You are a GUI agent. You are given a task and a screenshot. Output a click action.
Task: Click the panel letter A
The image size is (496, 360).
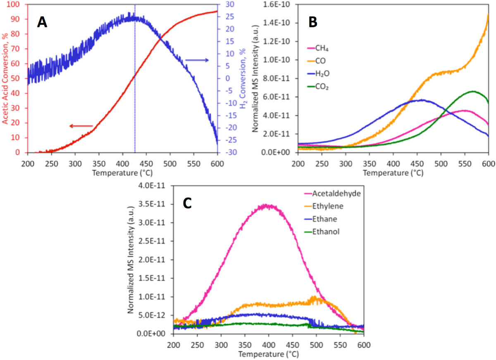click(42, 22)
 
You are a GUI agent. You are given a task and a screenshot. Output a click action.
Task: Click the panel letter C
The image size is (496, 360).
click(187, 203)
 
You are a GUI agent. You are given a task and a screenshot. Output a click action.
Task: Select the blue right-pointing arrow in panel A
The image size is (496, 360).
click(197, 60)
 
